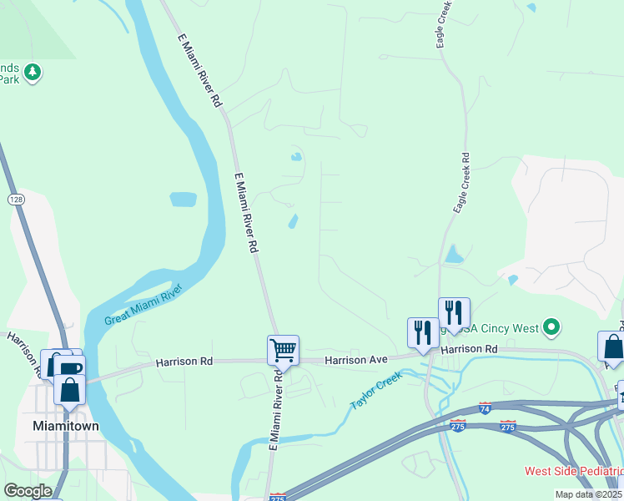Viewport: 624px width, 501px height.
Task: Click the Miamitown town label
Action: click(x=65, y=425)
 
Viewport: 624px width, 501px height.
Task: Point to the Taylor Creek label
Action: click(x=376, y=391)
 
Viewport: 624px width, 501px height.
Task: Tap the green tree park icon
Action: click(x=33, y=72)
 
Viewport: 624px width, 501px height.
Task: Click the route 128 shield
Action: click(x=16, y=200)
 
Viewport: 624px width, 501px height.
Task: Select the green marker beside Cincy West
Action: click(x=551, y=327)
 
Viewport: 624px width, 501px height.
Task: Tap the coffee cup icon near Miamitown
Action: click(x=70, y=367)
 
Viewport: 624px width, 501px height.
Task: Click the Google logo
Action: click(x=28, y=491)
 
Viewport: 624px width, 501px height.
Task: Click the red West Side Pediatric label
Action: click(x=573, y=471)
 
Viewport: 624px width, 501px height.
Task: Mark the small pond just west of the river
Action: click(x=183, y=200)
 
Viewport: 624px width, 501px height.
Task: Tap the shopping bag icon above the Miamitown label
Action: click(x=69, y=389)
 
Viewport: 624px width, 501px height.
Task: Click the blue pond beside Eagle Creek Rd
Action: click(x=453, y=253)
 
